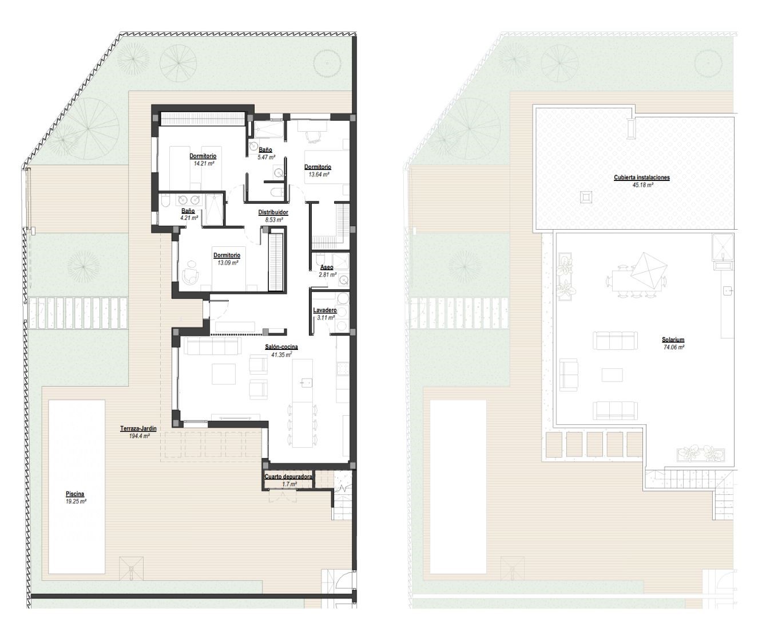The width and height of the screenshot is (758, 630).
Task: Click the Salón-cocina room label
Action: pyautogui.click(x=281, y=347)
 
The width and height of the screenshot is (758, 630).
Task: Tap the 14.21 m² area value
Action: pyautogui.click(x=204, y=164)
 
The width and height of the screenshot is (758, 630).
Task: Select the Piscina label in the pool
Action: pyautogui.click(x=75, y=494)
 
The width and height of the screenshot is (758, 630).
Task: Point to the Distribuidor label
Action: pyautogui.click(x=273, y=212)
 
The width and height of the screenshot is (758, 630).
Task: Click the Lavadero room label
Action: pyautogui.click(x=325, y=310)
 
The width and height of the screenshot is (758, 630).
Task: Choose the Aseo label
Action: pyautogui.click(x=327, y=267)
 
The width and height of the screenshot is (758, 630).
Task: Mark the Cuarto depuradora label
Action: pyautogui.click(x=288, y=477)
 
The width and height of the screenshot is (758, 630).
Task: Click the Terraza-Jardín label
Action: pyautogui.click(x=138, y=428)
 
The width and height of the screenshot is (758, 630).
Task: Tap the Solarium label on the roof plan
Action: pyautogui.click(x=673, y=340)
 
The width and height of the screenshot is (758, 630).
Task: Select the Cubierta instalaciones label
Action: pyautogui.click(x=642, y=178)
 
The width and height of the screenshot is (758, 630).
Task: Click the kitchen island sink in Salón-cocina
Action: pyautogui.click(x=307, y=383)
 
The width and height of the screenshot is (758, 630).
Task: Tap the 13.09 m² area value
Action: pyautogui.click(x=228, y=263)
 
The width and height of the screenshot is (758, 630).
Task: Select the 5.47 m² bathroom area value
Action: pyautogui.click(x=267, y=157)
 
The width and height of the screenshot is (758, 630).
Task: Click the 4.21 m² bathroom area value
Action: pyautogui.click(x=189, y=218)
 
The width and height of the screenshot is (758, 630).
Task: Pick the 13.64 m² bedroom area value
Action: pyautogui.click(x=319, y=175)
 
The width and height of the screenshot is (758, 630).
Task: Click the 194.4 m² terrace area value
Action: pyautogui.click(x=140, y=436)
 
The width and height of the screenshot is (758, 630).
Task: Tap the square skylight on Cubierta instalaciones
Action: pyautogui.click(x=586, y=197)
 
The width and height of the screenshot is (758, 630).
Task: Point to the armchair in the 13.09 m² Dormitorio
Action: pyautogui.click(x=191, y=275)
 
